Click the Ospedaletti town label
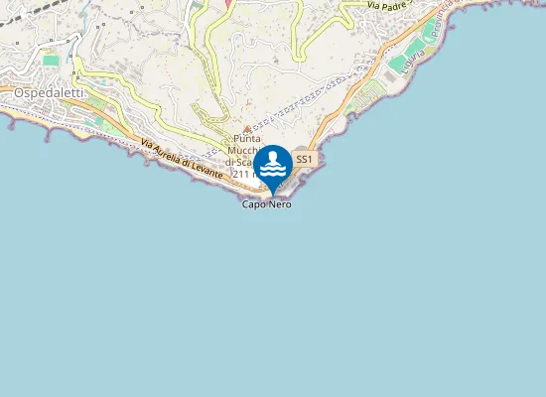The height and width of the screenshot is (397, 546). pyautogui.click(x=48, y=91)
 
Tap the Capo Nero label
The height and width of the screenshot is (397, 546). pyautogui.click(x=267, y=204)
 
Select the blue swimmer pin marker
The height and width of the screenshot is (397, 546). pyautogui.click(x=273, y=165)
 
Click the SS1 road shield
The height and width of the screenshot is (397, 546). pyautogui.click(x=304, y=159)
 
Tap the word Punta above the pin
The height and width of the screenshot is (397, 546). pyautogui.click(x=247, y=139)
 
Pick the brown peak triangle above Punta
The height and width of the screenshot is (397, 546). pyautogui.click(x=247, y=128)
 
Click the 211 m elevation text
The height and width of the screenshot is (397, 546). pyautogui.click(x=245, y=174)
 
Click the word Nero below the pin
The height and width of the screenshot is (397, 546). pyautogui.click(x=279, y=204)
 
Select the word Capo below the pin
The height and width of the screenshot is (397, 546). pyautogui.click(x=253, y=204)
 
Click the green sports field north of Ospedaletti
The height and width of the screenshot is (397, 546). pyautogui.click(x=51, y=61)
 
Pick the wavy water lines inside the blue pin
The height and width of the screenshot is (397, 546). pyautogui.click(x=273, y=169)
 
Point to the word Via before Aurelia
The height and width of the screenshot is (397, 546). pyautogui.click(x=148, y=144)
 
